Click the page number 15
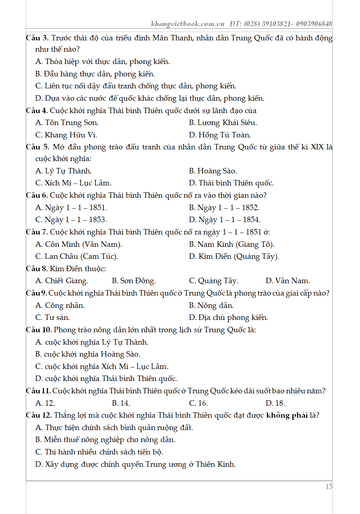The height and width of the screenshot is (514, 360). click(x=328, y=486)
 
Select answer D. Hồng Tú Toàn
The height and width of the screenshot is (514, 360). click(x=220, y=135)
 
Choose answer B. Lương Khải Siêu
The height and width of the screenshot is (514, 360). click(x=223, y=123)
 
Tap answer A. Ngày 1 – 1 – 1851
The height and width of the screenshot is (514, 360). click(x=71, y=208)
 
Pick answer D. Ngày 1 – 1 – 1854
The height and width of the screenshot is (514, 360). click(x=224, y=220)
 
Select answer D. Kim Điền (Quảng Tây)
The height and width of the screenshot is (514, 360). click(x=234, y=256)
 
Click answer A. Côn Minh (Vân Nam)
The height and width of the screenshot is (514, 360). click(x=79, y=244)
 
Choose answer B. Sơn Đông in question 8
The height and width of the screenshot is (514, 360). click(x=134, y=281)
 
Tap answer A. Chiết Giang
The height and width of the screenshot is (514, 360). click(x=62, y=281)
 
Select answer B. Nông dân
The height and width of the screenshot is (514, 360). click(x=211, y=305)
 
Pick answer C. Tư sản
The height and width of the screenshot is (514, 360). click(x=52, y=317)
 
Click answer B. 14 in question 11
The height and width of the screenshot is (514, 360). click(x=121, y=403)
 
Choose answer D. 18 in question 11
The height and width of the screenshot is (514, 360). click(x=275, y=403)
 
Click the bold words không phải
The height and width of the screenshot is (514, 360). click(x=287, y=415)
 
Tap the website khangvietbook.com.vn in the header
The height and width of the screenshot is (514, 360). click(x=188, y=24)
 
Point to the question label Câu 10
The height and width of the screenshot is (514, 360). click(x=39, y=330)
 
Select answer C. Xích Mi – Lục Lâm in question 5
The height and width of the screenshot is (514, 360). click(x=73, y=183)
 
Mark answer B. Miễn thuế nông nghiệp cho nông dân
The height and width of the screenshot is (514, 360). click(x=105, y=439)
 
